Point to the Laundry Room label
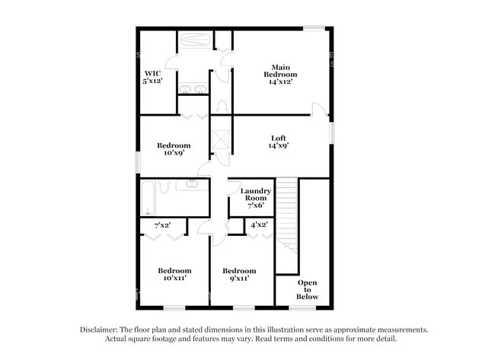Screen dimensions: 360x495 coord(256,197)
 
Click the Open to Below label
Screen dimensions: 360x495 coord(307,289)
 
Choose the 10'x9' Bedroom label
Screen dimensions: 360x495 coord(174,148)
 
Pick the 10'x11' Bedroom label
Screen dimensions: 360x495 coord(174,274)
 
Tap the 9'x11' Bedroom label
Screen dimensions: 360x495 coord(238,274)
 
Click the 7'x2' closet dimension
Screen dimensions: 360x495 coord(162,225)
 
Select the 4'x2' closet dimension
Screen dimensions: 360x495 coord(259,225)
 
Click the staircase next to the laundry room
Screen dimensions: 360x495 coord(286,213)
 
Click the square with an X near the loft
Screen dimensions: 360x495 coord(222,138)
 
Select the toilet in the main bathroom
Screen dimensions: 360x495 coord(222,105)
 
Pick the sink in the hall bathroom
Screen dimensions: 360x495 coord(190,184)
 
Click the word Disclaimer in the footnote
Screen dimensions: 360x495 coord(99,330)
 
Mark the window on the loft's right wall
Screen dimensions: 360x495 coord(331,131)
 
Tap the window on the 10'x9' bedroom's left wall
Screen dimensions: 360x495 coord(137,161)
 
